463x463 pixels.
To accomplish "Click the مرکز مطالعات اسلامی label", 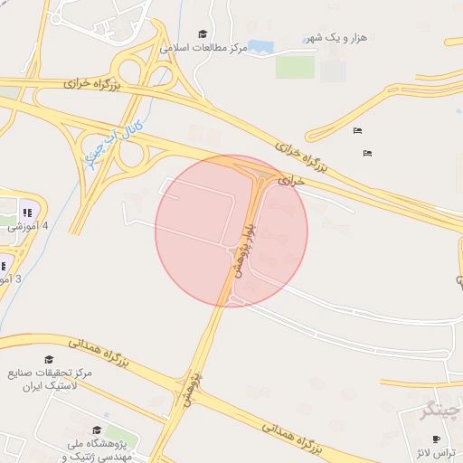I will tap(203, 47).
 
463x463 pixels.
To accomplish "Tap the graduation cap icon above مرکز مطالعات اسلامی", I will tap(202, 33).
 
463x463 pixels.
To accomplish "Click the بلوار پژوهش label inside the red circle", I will tap(241, 250).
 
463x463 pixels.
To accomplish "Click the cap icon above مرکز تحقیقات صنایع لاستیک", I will tap(49, 360).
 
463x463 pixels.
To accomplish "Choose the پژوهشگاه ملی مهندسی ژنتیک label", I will tap(99, 450).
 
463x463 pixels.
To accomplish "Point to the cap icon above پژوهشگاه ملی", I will tap(97, 430).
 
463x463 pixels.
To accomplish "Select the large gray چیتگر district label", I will tap(441, 410).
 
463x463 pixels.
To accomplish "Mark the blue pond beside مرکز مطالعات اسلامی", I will tap(261, 45).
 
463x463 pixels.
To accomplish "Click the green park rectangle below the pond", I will tap(295, 66).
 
